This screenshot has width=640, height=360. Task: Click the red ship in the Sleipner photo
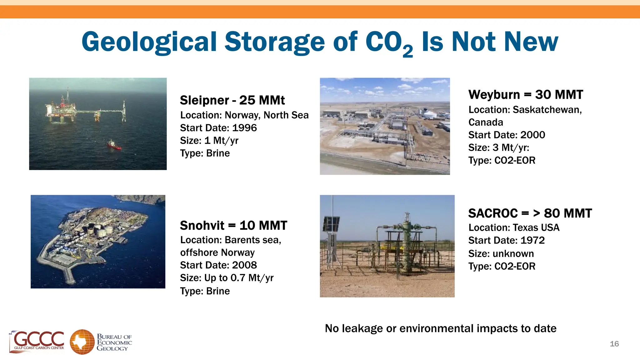(x=114, y=145)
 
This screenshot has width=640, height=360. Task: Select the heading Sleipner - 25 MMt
(x=232, y=100)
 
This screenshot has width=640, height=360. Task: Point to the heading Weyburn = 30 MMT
(x=526, y=95)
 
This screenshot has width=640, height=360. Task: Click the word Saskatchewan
(x=547, y=110)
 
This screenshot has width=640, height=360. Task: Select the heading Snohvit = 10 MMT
(x=233, y=225)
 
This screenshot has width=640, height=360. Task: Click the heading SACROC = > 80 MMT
(x=530, y=213)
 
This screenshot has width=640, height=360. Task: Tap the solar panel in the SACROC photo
(x=331, y=224)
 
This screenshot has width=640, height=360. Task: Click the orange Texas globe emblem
(x=82, y=342)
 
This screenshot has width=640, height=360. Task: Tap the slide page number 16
(x=614, y=344)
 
